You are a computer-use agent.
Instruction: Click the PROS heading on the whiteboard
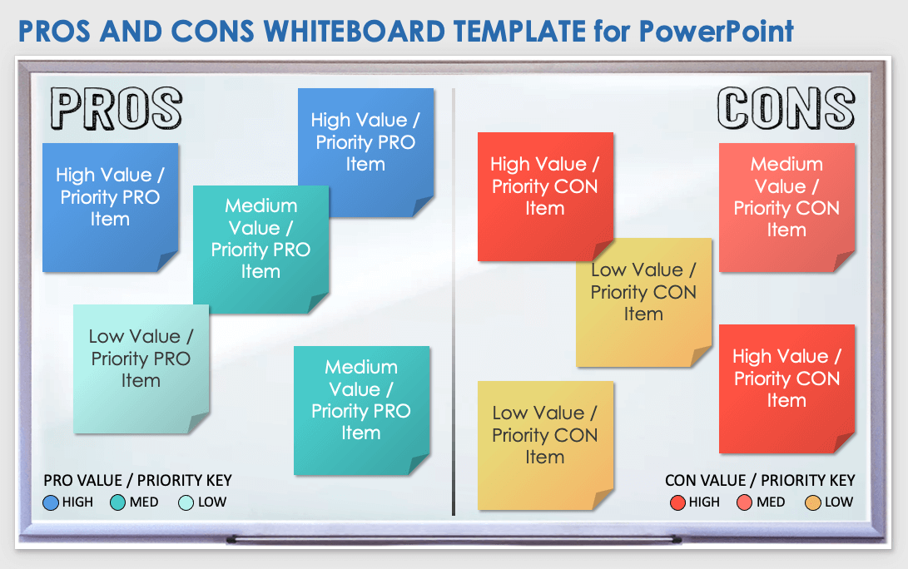pos(117,108)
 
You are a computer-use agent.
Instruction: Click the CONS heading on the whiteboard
pos(786,107)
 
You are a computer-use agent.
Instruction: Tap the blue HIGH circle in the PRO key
pos(51,502)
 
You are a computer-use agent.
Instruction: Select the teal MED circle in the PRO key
pos(117,502)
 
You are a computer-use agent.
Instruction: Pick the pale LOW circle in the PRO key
pos(186,502)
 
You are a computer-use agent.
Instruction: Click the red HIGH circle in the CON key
pos(677,502)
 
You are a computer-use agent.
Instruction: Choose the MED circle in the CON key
pos(745,502)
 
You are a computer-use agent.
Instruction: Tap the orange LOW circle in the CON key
pos(813,502)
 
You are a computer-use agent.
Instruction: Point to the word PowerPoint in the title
pos(717,32)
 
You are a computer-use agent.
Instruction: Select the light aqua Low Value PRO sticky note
pos(141,369)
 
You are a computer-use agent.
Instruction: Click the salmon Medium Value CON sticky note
pos(787,207)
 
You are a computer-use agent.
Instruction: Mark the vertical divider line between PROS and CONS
pos(454,302)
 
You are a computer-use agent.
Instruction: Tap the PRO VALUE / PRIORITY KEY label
pos(138,481)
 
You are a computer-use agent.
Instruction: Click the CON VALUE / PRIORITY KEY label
pos(760,481)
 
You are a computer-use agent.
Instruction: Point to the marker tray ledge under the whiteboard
pos(454,540)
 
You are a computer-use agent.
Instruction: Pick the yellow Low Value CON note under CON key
pos(545,446)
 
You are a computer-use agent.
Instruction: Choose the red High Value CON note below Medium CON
pos(787,389)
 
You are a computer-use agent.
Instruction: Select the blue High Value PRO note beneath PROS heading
pos(111,207)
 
